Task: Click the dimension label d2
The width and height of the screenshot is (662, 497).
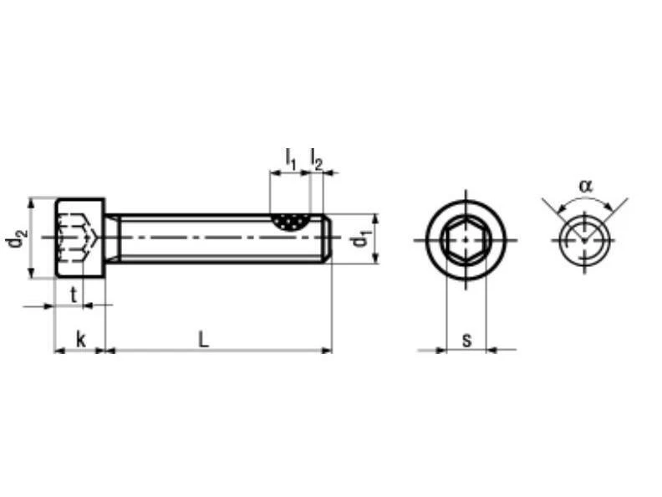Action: click(x=16, y=239)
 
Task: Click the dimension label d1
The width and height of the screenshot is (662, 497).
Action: click(x=360, y=239)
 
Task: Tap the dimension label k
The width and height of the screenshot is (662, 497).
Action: click(x=80, y=339)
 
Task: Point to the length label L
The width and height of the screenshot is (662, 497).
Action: click(x=203, y=339)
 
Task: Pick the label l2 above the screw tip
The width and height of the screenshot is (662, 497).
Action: click(x=317, y=157)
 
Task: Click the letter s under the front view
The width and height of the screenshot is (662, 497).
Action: click(x=466, y=340)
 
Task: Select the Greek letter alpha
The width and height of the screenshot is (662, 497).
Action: click(x=585, y=185)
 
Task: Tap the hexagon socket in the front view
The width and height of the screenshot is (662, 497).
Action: click(x=466, y=239)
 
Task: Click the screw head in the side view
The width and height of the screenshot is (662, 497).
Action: click(x=80, y=239)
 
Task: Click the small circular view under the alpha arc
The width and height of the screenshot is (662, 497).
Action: click(x=584, y=239)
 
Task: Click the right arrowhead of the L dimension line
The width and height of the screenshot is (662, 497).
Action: click(x=327, y=351)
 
